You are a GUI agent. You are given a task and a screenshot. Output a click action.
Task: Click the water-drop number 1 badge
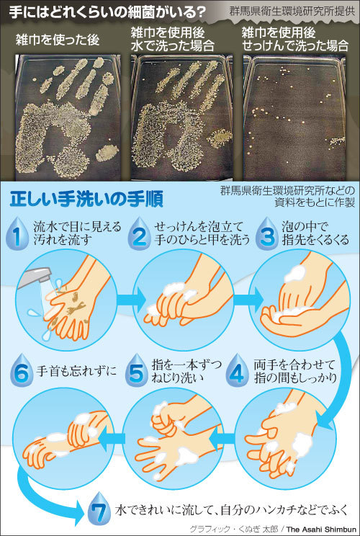17,233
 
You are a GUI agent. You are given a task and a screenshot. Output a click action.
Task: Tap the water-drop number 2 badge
139,233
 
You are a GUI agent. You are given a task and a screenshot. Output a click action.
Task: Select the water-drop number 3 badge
267,233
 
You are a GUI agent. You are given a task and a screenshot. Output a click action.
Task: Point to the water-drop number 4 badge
238,370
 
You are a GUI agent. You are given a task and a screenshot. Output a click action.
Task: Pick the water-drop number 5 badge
136,370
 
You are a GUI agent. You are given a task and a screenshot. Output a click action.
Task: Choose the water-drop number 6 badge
22,370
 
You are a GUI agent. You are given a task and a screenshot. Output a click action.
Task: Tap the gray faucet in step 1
34,277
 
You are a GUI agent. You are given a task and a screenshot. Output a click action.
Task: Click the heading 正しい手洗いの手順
86,200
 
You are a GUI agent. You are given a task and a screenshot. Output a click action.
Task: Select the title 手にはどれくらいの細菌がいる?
107,12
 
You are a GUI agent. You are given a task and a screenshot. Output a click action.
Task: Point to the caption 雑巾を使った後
58,40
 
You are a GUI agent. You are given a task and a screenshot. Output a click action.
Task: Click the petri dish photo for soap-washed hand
294,117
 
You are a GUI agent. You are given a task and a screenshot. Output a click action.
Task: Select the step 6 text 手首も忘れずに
76,370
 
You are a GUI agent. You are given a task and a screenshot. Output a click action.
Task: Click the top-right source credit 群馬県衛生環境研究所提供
292,11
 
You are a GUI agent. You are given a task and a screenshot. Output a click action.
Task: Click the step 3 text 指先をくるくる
315,240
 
